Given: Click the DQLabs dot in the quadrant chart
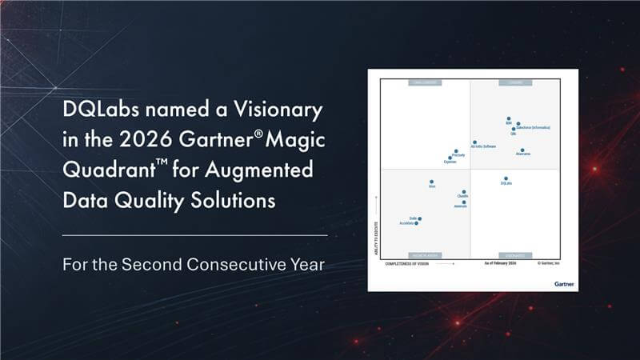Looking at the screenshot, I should click(506, 178).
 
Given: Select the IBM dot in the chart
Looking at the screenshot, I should click(509, 119).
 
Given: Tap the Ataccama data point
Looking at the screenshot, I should click(522, 149).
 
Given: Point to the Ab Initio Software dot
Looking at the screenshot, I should click(474, 142).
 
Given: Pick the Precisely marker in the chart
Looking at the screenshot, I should click(456, 150).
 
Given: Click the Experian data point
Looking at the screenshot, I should click(450, 158).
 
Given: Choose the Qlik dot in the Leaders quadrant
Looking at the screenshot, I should click(513, 129).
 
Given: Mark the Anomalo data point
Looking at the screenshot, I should click(464, 202).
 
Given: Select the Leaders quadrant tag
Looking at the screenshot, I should click(510, 82).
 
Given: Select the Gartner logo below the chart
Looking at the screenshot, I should click(563, 282).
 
